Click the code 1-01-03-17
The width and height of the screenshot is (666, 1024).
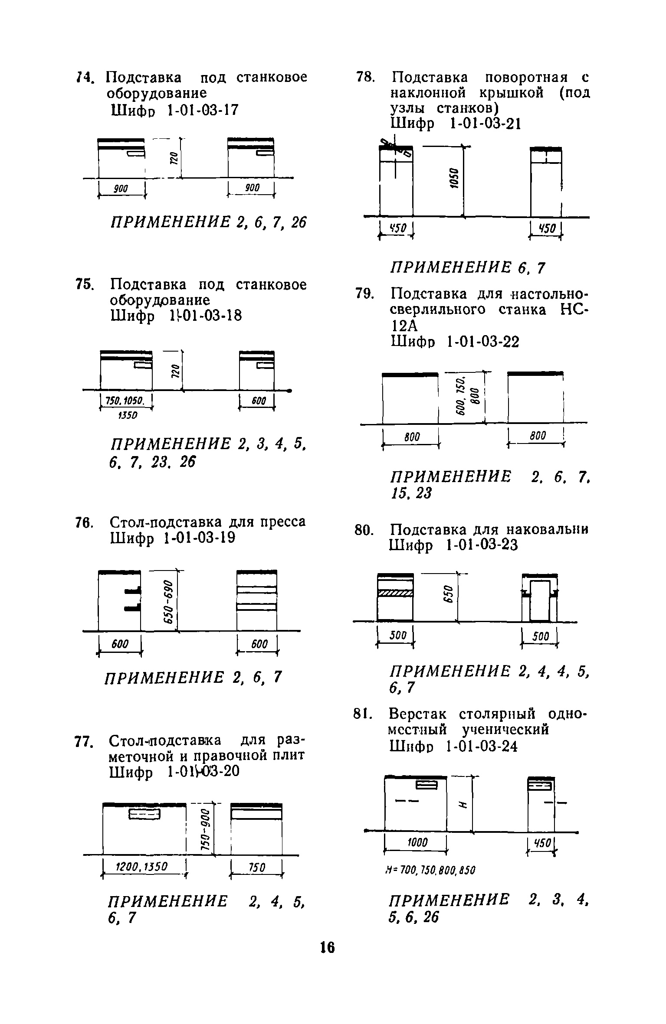[203, 111]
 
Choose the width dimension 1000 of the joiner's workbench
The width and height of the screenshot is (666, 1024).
[417, 842]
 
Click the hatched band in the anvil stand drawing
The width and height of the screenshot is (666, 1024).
[395, 594]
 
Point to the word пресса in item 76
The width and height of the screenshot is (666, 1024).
[282, 522]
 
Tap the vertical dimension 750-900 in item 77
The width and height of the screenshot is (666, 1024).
[205, 829]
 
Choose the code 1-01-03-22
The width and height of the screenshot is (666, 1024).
[482, 342]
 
